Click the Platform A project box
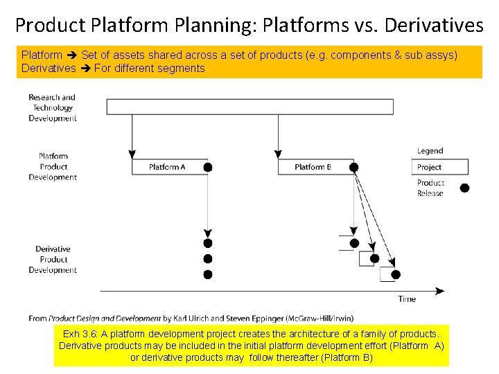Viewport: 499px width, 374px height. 168,167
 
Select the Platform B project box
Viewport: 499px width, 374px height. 314,167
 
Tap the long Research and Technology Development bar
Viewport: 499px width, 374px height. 249,107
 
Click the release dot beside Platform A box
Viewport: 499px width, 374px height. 207,167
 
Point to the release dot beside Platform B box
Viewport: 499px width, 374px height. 353,167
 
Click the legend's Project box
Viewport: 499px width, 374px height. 441,167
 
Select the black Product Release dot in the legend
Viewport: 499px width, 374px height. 464,188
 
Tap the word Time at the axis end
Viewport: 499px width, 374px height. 407,299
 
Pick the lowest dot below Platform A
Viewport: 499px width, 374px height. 207,274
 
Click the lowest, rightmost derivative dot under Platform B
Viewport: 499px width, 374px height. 396,274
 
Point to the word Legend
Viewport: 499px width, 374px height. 430,151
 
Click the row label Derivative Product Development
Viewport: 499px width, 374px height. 53,259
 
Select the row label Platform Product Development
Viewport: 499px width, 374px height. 53,166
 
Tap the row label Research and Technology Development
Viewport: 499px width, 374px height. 53,107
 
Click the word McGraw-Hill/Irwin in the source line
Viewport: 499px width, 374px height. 317,319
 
